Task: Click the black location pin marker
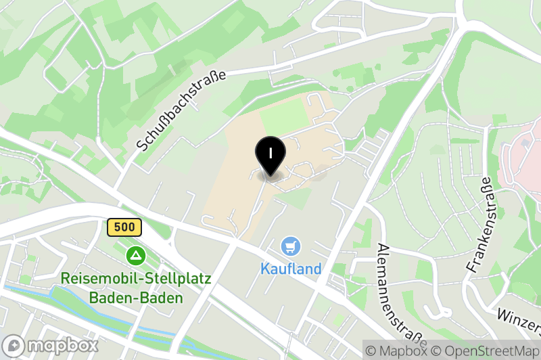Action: [270, 155]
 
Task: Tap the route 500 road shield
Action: [124, 227]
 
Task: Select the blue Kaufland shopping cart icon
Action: [291, 246]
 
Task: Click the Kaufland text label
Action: [291, 269]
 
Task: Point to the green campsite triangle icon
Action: [137, 255]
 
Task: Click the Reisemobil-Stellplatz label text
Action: [136, 278]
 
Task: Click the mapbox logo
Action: [51, 345]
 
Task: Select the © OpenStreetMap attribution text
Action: [483, 351]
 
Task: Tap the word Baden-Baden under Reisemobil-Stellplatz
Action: [136, 298]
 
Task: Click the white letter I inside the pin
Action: [270, 152]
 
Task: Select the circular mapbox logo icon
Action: [14, 345]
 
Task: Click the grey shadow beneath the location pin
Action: [270, 177]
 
